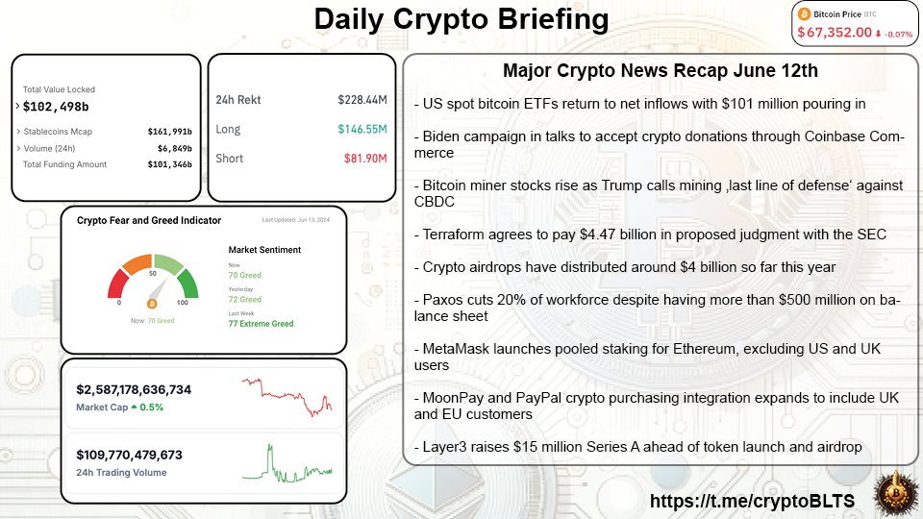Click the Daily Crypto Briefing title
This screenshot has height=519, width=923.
tap(461, 19)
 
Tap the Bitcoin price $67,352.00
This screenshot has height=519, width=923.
tap(833, 33)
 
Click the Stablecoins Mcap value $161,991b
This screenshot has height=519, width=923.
tap(169, 132)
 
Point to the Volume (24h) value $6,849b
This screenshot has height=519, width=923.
tap(173, 148)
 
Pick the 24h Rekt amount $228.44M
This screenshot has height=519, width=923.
tap(362, 100)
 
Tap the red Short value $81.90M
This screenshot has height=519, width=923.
tap(364, 158)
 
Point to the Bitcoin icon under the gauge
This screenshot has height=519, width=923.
tap(152, 302)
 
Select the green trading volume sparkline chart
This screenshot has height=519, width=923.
tap(287, 465)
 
